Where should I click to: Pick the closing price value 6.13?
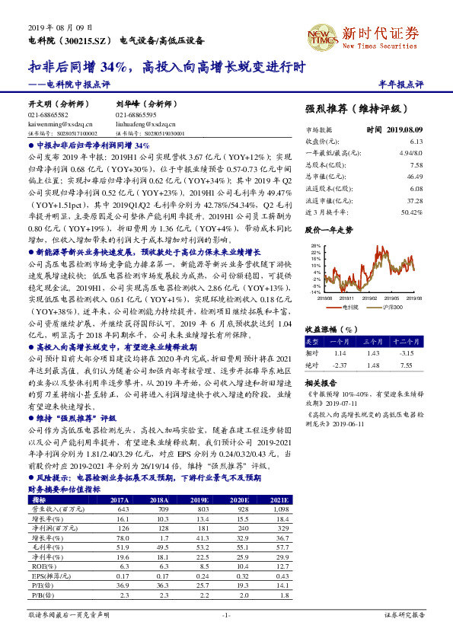(x=415, y=142)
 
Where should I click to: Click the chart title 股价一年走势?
(x=329, y=228)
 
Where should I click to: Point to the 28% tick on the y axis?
(x=315, y=246)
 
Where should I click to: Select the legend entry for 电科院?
(x=351, y=306)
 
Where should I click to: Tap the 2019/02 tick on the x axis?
(x=369, y=298)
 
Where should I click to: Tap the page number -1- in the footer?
(x=226, y=614)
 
